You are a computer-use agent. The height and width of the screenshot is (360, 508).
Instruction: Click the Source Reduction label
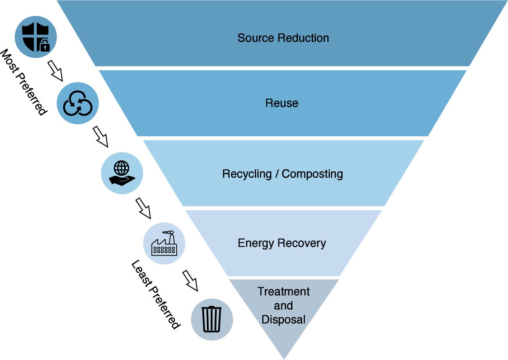click(x=283, y=38)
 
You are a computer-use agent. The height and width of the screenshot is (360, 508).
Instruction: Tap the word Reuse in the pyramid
click(x=282, y=103)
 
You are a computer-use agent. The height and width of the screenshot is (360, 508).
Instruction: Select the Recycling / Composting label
click(x=283, y=174)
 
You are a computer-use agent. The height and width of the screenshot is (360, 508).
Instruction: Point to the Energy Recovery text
click(x=282, y=243)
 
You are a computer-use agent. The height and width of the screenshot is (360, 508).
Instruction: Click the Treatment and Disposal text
click(x=284, y=306)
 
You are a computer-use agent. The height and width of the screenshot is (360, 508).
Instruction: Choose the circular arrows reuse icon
click(x=78, y=103)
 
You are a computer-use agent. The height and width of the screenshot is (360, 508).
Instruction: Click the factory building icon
click(x=164, y=243)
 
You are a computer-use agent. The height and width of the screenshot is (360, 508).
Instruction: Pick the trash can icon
click(x=212, y=319)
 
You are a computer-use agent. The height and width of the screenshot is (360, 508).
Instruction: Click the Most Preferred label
click(x=23, y=82)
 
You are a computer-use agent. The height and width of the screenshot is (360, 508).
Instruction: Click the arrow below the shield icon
click(x=55, y=70)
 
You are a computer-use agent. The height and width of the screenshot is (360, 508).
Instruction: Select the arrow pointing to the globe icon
click(x=100, y=136)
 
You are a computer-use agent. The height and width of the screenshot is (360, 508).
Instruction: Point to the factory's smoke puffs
click(x=168, y=233)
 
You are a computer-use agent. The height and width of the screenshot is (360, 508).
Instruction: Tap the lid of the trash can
click(x=212, y=308)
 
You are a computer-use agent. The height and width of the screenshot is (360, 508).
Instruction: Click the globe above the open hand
click(x=121, y=168)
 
